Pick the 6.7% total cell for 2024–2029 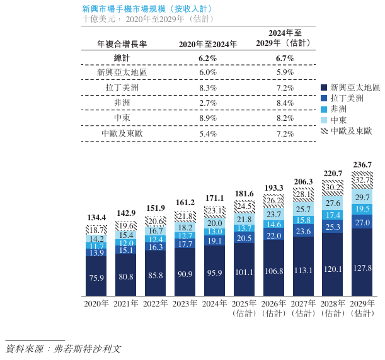pos(285,58)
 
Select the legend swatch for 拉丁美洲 pos(323,98)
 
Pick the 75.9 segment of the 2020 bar pos(96,276)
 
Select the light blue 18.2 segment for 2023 pos(185,227)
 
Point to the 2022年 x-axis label pos(156,303)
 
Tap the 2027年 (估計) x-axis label pos(303,308)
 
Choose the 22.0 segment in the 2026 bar pos(273,235)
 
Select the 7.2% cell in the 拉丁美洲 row pos(285,88)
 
